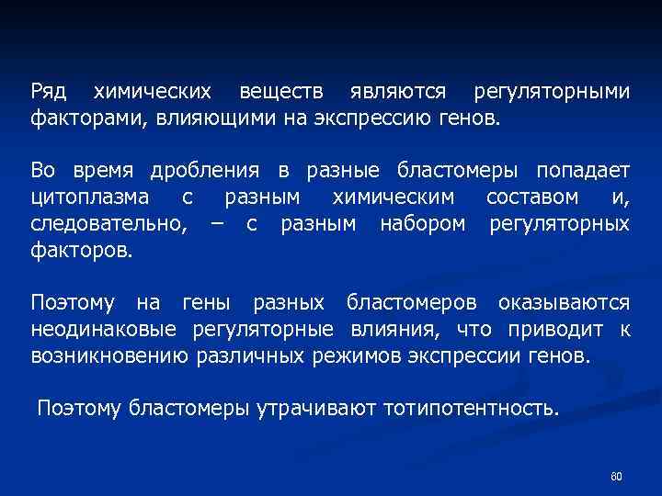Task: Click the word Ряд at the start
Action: [48, 93]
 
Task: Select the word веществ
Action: [280, 93]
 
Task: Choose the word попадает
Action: [584, 171]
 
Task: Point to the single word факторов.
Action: [82, 249]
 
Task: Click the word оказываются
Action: [564, 302]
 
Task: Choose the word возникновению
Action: [110, 355]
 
